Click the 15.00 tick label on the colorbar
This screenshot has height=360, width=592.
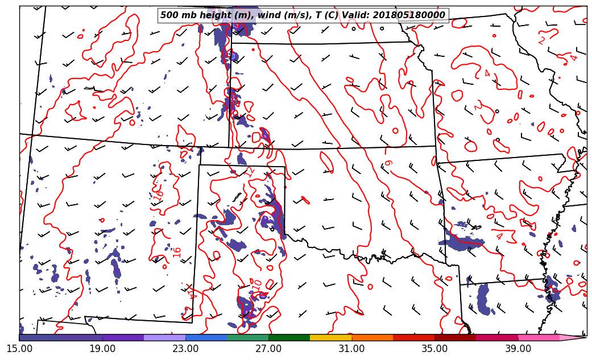pos(19,349)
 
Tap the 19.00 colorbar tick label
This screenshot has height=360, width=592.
pos(102,349)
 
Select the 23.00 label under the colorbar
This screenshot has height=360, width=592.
pos(185,349)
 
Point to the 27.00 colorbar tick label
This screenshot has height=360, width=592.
pos(268,349)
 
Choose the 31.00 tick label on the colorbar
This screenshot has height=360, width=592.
pos(351,349)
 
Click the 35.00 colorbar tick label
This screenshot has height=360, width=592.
pos(434,349)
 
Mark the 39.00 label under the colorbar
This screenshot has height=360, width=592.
pos(518,349)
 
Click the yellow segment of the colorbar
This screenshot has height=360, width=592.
pos(330,338)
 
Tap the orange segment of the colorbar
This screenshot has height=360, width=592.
pos(372,338)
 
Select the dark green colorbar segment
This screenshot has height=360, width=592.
pos(289,338)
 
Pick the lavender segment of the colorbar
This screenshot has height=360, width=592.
pos(164,338)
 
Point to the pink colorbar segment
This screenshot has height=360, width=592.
pos(538,338)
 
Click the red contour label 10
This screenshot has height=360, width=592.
pos(257,283)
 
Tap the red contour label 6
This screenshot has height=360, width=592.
pos(388,163)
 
